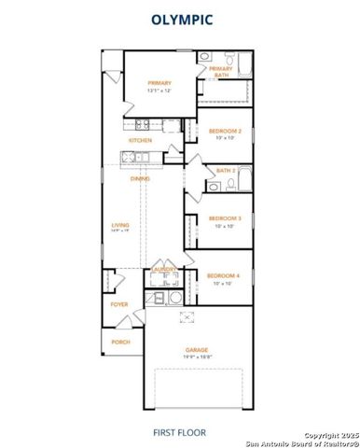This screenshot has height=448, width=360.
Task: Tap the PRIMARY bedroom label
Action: pyautogui.click(x=159, y=84)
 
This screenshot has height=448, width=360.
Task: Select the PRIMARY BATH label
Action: pyautogui.click(x=221, y=71)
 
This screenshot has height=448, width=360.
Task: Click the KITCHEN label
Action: pyautogui.click(x=140, y=141)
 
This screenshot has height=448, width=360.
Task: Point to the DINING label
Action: pyautogui.click(x=141, y=178)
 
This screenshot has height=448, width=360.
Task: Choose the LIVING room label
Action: pyautogui.click(x=120, y=225)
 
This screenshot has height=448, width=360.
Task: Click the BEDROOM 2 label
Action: pyautogui.click(x=225, y=132)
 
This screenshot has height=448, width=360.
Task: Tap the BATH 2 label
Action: pyautogui.click(x=225, y=171)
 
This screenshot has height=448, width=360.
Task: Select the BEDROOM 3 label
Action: pyautogui.click(x=225, y=218)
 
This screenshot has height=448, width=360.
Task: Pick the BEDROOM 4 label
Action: pyautogui.click(x=224, y=276)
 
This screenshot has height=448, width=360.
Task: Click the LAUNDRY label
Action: pyautogui.click(x=164, y=270)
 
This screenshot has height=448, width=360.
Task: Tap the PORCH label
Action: pyautogui.click(x=121, y=343)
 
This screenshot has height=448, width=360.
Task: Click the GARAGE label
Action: pyautogui.click(x=196, y=350)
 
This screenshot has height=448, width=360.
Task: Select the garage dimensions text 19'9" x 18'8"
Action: pyautogui.click(x=196, y=357)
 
